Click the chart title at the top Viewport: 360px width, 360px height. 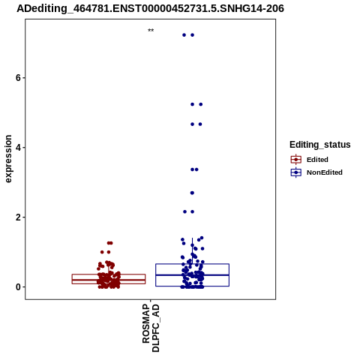coord(150,8)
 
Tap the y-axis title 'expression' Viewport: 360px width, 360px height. coord(8,159)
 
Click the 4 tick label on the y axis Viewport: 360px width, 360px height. coord(18,148)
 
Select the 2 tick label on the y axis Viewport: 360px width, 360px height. coord(18,217)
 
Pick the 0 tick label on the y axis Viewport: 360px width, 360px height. coord(18,287)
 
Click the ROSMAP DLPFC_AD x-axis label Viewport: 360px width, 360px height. coord(151,328)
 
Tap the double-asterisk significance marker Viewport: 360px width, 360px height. coord(151,31)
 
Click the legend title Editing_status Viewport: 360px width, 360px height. coord(320,145)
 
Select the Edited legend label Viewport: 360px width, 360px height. coord(317,160)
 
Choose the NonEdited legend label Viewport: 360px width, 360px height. coord(325,172)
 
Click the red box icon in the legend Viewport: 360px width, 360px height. coord(296,160)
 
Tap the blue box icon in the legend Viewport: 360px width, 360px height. coord(296,172)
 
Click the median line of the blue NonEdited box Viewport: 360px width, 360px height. coord(192,275)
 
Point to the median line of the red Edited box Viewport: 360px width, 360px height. coord(109,280)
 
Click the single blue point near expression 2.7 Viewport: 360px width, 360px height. coord(192,193)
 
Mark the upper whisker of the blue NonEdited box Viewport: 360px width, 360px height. coord(192,250)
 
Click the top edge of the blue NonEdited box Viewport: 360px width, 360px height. coord(192,264)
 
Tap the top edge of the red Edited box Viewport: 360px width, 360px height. coord(109,274)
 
